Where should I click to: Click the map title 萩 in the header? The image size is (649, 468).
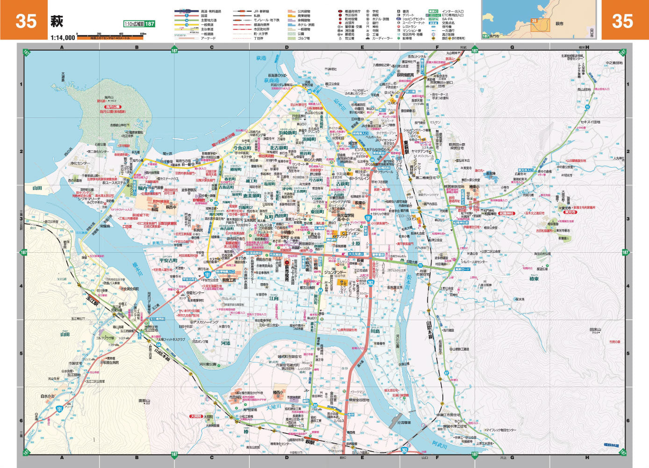click(57, 21)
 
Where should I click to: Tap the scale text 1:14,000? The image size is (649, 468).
click(63, 38)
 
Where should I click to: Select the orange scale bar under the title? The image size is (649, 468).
click(110, 37)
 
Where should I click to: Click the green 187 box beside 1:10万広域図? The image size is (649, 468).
click(149, 24)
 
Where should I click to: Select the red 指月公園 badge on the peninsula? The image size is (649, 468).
click(108, 107)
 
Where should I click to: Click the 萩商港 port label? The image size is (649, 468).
click(271, 80)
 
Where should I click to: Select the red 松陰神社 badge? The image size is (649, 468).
click(506, 213)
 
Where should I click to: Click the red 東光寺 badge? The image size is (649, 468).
click(570, 212)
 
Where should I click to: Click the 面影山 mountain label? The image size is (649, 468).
click(144, 401)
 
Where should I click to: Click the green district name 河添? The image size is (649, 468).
click(225, 344)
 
